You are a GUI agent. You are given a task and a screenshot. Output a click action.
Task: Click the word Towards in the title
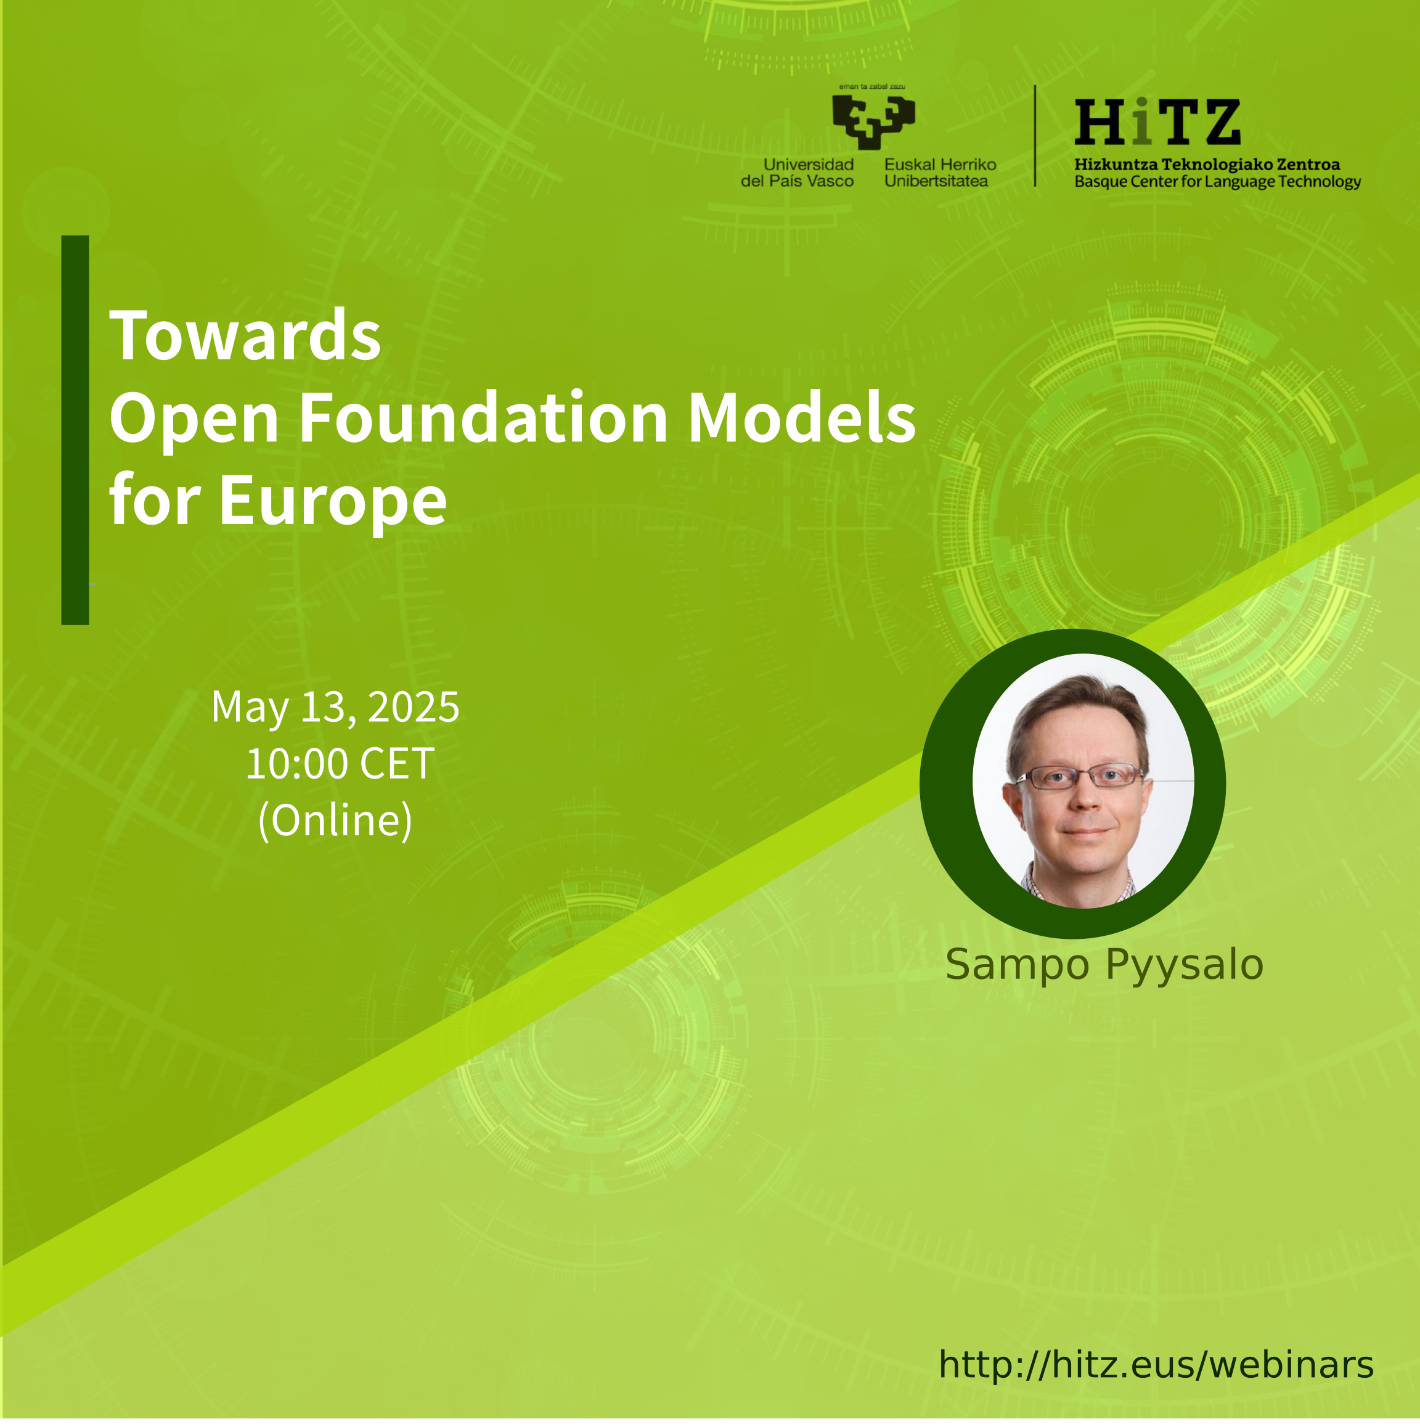245,335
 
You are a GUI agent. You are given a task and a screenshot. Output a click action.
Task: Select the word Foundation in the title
483,418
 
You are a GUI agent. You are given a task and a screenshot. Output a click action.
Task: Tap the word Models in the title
802,418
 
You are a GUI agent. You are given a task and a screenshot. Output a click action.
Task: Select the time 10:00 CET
340,764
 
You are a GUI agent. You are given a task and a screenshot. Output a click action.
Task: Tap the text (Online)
335,820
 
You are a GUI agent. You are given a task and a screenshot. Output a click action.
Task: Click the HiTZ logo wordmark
1157,122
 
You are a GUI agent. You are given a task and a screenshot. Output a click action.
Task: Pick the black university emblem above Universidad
874,121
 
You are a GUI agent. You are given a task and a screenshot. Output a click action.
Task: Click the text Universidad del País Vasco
798,173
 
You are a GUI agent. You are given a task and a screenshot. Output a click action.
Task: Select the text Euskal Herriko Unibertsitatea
941,173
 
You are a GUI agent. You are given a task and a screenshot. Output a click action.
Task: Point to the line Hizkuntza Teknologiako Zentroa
1207,165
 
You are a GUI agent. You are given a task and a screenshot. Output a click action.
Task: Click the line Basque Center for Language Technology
1217,182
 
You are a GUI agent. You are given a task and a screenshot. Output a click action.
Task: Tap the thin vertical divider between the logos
1035,136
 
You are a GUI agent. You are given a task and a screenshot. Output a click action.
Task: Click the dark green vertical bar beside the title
75,430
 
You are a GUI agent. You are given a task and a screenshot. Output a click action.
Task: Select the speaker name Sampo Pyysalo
1104,965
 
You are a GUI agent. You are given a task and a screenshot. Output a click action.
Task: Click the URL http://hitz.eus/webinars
1156,1364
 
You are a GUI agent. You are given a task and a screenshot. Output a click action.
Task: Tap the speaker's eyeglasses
1080,775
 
